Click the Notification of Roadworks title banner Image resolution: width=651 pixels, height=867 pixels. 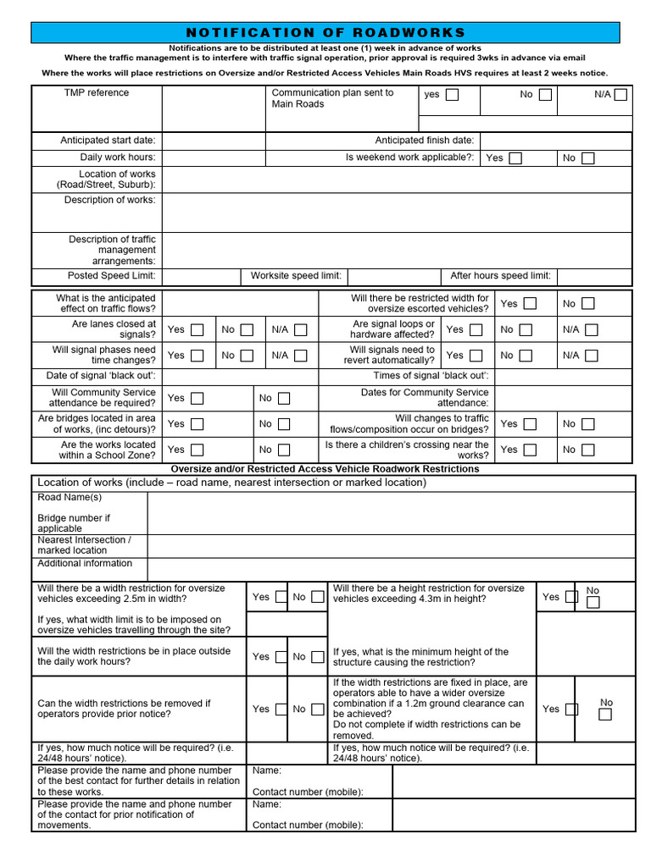tap(325, 32)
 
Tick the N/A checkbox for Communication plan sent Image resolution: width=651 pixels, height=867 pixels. tap(620, 95)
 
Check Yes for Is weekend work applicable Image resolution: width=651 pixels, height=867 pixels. tap(515, 158)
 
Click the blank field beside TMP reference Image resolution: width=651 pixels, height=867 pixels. tap(214, 108)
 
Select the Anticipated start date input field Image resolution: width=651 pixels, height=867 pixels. tap(214, 141)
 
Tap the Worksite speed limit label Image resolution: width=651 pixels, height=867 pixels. tap(296, 276)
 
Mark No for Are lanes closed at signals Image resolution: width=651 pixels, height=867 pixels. tap(248, 330)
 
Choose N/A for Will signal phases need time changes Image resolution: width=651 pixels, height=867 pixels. tap(300, 356)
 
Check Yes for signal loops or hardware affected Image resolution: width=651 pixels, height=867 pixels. tap(476, 330)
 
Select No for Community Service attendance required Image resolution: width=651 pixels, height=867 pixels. tap(284, 398)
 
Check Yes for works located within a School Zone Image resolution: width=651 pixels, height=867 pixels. tap(197, 450)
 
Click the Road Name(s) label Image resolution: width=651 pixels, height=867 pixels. tap(70, 498)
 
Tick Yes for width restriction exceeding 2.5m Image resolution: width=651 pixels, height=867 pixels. tap(281, 597)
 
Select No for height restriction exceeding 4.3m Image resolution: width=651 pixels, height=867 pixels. tap(593, 603)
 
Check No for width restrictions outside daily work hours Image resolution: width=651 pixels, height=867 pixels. tap(317, 656)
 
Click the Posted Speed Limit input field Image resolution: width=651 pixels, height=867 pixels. tap(200, 276)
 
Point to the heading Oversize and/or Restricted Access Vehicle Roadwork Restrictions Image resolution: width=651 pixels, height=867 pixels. tap(325, 469)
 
